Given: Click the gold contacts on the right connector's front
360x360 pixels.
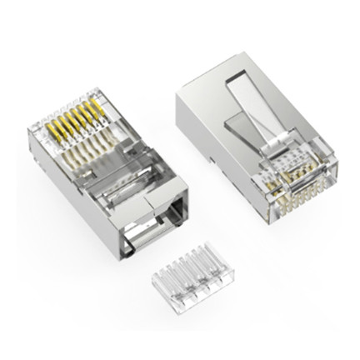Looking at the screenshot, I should coord(296,196).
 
